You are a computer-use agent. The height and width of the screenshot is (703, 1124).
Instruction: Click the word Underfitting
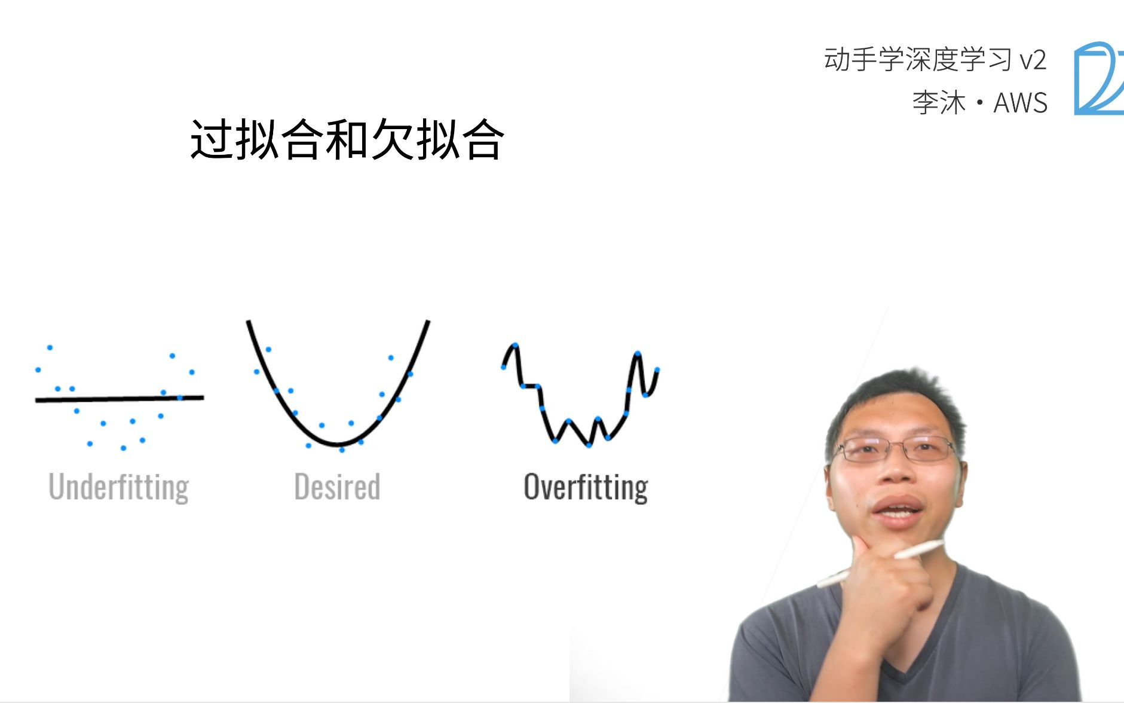tap(118, 487)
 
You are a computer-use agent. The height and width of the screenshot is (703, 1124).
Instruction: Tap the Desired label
tap(337, 487)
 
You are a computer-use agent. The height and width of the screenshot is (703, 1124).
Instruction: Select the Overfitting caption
tap(586, 487)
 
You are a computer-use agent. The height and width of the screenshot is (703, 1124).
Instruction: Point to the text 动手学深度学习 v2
tap(935, 60)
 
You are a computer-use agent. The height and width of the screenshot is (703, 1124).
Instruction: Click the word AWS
tap(1020, 103)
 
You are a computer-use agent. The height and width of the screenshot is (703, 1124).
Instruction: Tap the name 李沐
tap(939, 103)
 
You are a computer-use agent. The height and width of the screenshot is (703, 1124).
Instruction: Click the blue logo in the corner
tap(1098, 78)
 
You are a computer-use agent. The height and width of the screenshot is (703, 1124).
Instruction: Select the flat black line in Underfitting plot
tap(120, 398)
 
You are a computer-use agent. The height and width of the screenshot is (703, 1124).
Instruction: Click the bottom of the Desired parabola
tap(338, 444)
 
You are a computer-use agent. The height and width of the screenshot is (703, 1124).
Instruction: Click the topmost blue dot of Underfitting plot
tap(50, 347)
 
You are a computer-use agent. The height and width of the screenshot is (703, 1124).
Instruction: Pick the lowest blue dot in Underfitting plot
tap(123, 448)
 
